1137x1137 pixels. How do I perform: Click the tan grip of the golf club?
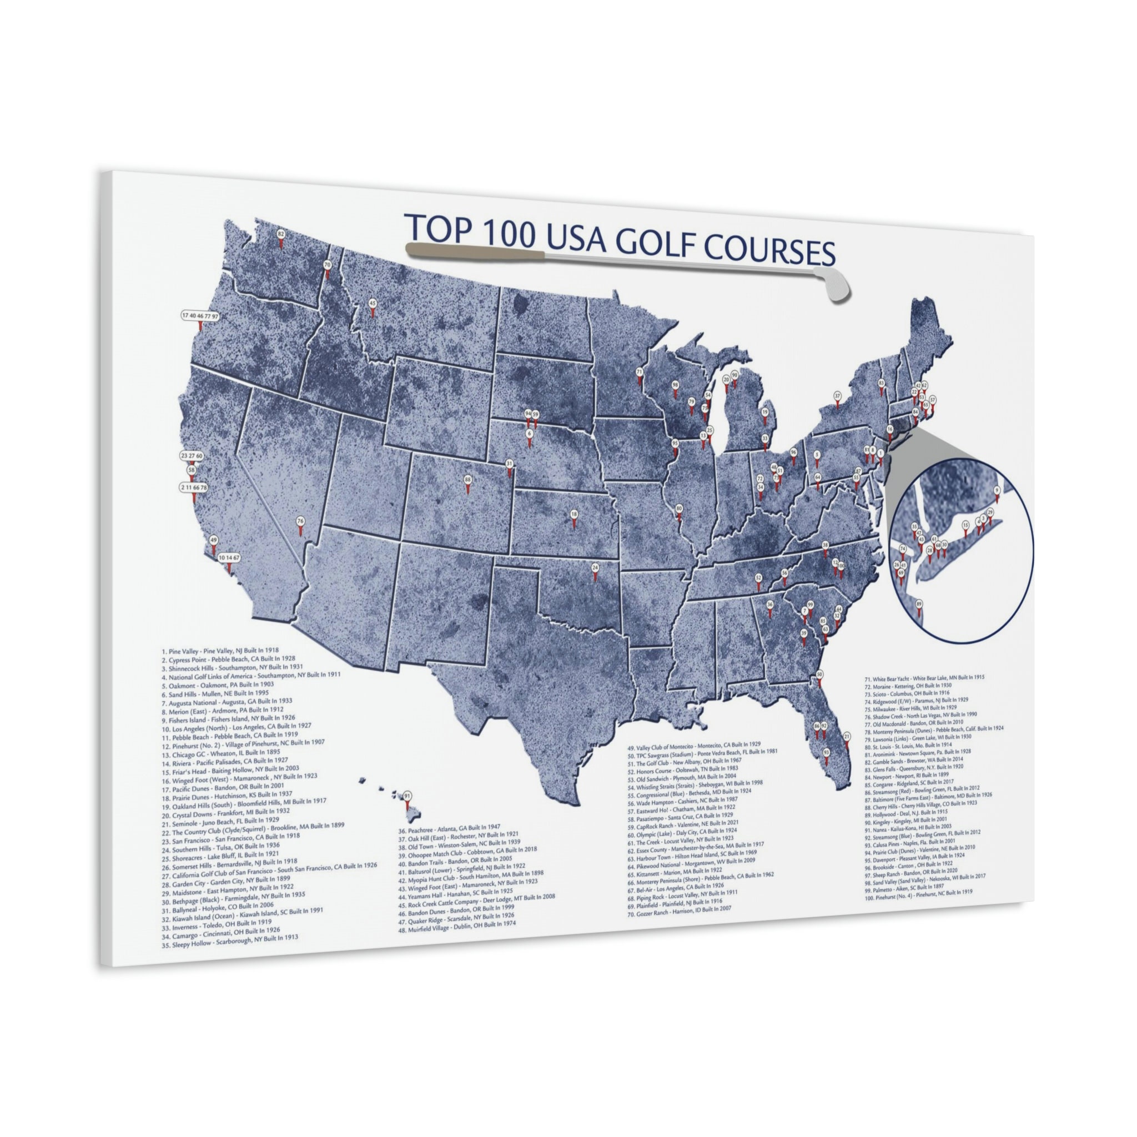click(x=474, y=251)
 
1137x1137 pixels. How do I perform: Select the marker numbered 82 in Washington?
click(x=281, y=234)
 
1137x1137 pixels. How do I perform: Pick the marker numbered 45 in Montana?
click(x=372, y=304)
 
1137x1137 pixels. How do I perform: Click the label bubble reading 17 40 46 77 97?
click(x=200, y=316)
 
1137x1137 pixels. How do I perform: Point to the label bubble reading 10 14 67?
click(x=228, y=557)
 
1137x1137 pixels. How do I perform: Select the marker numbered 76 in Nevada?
click(x=301, y=521)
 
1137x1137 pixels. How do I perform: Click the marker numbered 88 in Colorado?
click(x=468, y=480)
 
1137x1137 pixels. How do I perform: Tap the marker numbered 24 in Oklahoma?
click(x=595, y=568)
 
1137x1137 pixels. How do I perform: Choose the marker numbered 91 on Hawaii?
click(x=406, y=796)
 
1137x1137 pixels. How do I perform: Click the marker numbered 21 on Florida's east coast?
click(x=846, y=737)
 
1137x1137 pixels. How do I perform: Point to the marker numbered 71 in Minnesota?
click(x=639, y=373)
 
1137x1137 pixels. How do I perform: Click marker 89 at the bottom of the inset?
click(x=919, y=604)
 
